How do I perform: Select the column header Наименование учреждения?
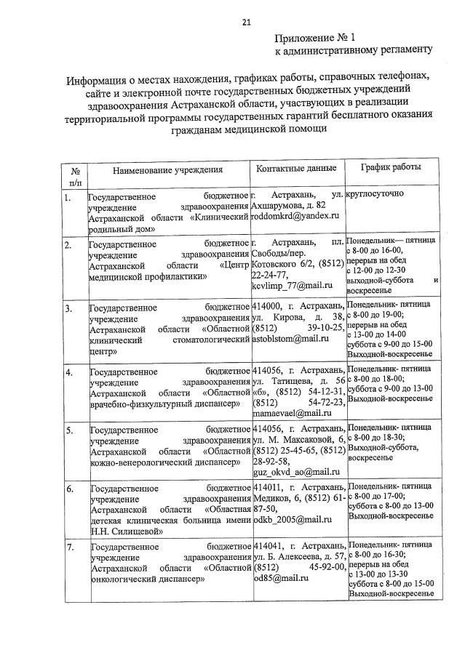tap(167, 170)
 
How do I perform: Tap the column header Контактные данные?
tap(297, 169)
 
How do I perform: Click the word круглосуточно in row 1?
tap(377, 196)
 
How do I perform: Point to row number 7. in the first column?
tap(68, 546)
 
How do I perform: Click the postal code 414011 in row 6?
tap(268, 487)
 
